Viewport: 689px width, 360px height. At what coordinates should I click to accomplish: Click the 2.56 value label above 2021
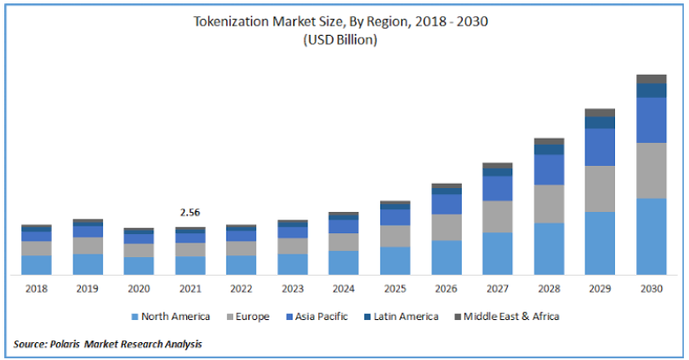click(x=190, y=212)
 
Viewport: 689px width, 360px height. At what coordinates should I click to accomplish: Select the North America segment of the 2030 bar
click(x=651, y=236)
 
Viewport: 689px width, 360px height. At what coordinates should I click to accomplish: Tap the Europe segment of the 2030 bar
click(x=651, y=170)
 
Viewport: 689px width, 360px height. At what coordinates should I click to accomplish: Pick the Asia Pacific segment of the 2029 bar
click(x=600, y=146)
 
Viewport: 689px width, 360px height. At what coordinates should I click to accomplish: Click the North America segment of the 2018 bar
click(x=37, y=265)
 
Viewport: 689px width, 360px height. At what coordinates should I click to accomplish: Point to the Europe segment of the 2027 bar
click(x=497, y=216)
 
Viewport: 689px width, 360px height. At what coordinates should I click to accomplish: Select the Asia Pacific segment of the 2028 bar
click(x=549, y=169)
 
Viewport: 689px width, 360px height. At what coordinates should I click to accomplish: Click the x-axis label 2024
click(x=344, y=289)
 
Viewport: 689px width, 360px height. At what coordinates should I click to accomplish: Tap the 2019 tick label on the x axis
click(x=88, y=289)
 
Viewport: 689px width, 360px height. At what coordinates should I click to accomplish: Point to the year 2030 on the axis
click(x=651, y=289)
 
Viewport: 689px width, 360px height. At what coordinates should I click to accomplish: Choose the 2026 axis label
click(x=446, y=289)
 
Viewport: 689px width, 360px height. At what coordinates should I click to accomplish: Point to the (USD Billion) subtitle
click(x=344, y=39)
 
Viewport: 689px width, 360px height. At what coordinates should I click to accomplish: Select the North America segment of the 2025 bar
click(x=395, y=260)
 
